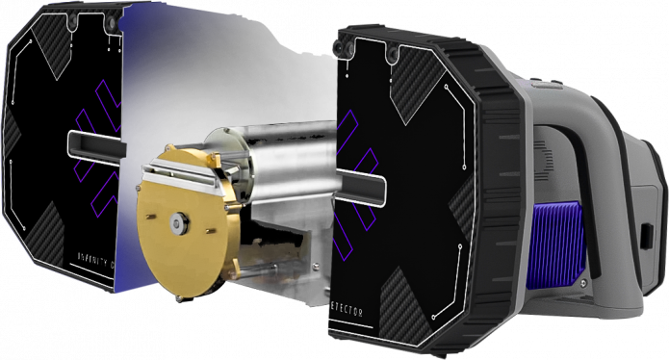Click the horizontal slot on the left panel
click(95, 144)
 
